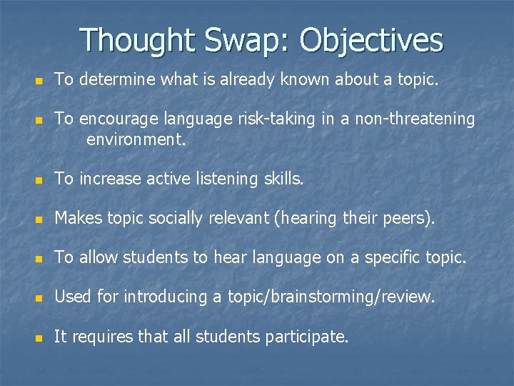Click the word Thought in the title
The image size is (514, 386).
pyautogui.click(x=137, y=41)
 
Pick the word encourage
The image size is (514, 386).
pyautogui.click(x=117, y=119)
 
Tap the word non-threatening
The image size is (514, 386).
pyautogui.click(x=408, y=119)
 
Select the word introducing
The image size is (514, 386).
pyautogui.click(x=166, y=297)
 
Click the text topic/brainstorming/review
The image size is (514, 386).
pyautogui.click(x=331, y=297)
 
